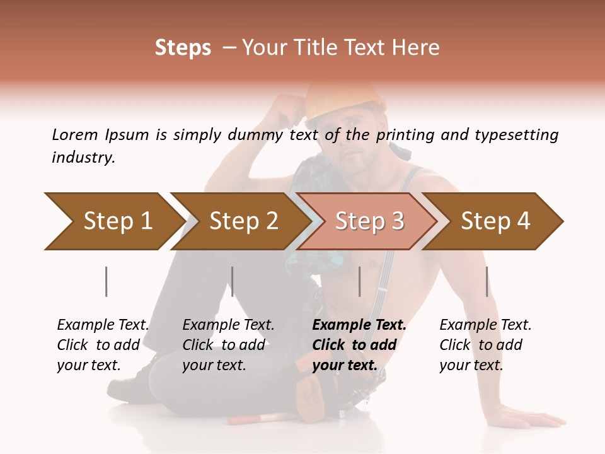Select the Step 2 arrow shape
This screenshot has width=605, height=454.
[x=243, y=221]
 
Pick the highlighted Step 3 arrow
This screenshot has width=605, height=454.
[x=369, y=221]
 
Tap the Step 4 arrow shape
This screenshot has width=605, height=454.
[x=495, y=221]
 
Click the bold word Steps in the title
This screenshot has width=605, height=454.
[x=183, y=48]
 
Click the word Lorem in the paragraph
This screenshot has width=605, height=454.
[x=75, y=134]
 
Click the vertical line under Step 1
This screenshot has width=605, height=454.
[x=107, y=281]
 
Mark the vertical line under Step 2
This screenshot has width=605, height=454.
[x=233, y=281]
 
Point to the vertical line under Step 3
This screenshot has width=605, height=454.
[x=360, y=281]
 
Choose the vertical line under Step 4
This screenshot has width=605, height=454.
[x=487, y=281]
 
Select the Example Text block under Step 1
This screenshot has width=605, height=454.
[x=103, y=345]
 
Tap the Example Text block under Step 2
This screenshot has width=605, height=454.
[x=228, y=345]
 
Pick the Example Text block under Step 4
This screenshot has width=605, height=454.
[x=485, y=345]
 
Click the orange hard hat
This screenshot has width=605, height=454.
[x=345, y=101]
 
